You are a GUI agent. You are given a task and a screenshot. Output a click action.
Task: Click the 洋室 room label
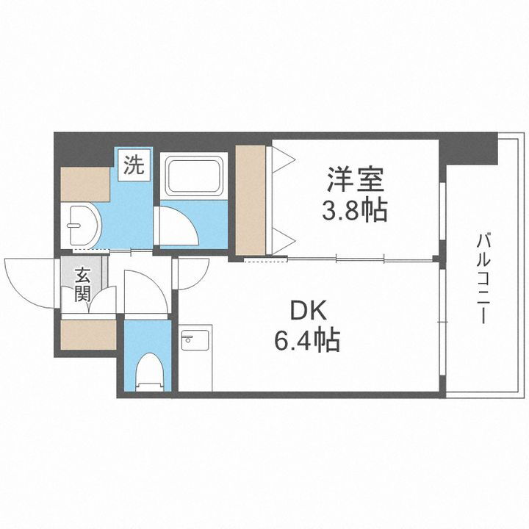[356, 179]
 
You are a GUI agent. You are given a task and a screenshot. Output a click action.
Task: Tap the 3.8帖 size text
[355, 212]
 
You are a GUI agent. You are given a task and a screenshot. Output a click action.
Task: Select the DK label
[307, 312]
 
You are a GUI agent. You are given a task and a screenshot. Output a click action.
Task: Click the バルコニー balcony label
[483, 279]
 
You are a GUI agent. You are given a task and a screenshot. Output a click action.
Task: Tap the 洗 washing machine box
[133, 165]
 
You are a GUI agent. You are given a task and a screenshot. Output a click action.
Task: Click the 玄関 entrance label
[82, 286]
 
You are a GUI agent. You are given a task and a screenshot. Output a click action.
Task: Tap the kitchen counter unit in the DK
[195, 358]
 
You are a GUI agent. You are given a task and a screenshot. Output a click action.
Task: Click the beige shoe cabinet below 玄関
[87, 335]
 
